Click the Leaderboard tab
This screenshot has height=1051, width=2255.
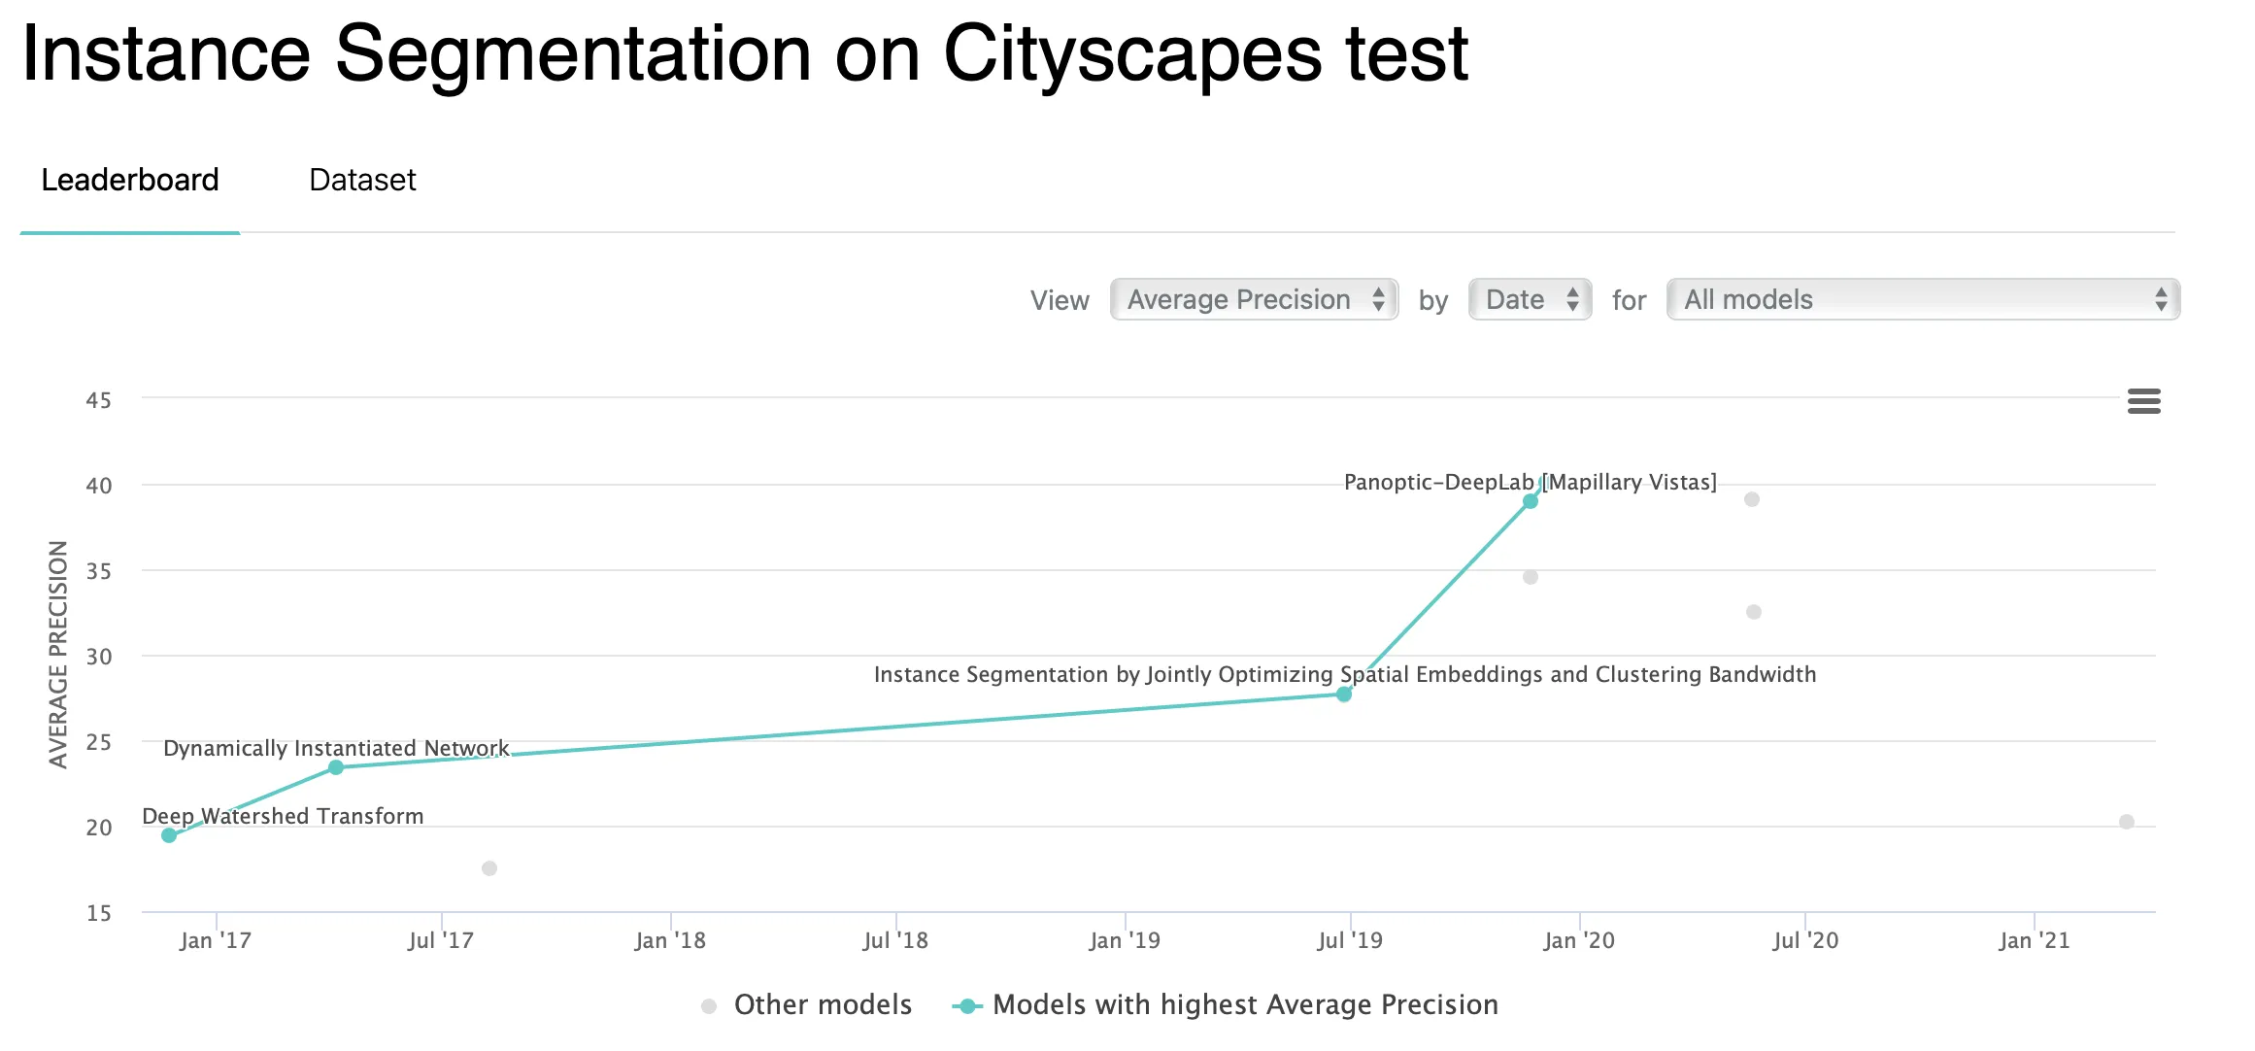[130, 181]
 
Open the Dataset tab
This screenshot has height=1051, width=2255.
[362, 181]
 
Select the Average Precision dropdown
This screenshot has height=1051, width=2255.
[1254, 299]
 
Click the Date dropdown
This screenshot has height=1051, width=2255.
[1529, 299]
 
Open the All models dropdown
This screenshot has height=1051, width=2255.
[1922, 299]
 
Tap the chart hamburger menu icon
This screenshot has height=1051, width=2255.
[2143, 401]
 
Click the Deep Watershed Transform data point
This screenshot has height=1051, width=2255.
[169, 835]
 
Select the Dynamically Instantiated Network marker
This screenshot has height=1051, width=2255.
[336, 767]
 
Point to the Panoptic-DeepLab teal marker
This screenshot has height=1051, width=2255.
[1531, 501]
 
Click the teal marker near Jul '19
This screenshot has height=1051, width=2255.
[1344, 695]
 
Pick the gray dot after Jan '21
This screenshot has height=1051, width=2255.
[2127, 822]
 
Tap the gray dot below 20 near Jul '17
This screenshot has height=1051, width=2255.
[489, 868]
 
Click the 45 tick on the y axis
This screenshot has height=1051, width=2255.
[98, 400]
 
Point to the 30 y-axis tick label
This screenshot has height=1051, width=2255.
[98, 657]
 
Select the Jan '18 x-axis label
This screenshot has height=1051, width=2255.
[670, 940]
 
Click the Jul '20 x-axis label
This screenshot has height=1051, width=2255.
[1805, 940]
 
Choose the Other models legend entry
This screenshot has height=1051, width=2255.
[806, 1005]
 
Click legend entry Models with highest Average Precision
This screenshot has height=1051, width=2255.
[1226, 1005]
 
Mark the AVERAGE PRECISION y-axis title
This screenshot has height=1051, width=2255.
[58, 655]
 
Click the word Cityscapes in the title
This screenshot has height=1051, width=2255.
[1132, 54]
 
